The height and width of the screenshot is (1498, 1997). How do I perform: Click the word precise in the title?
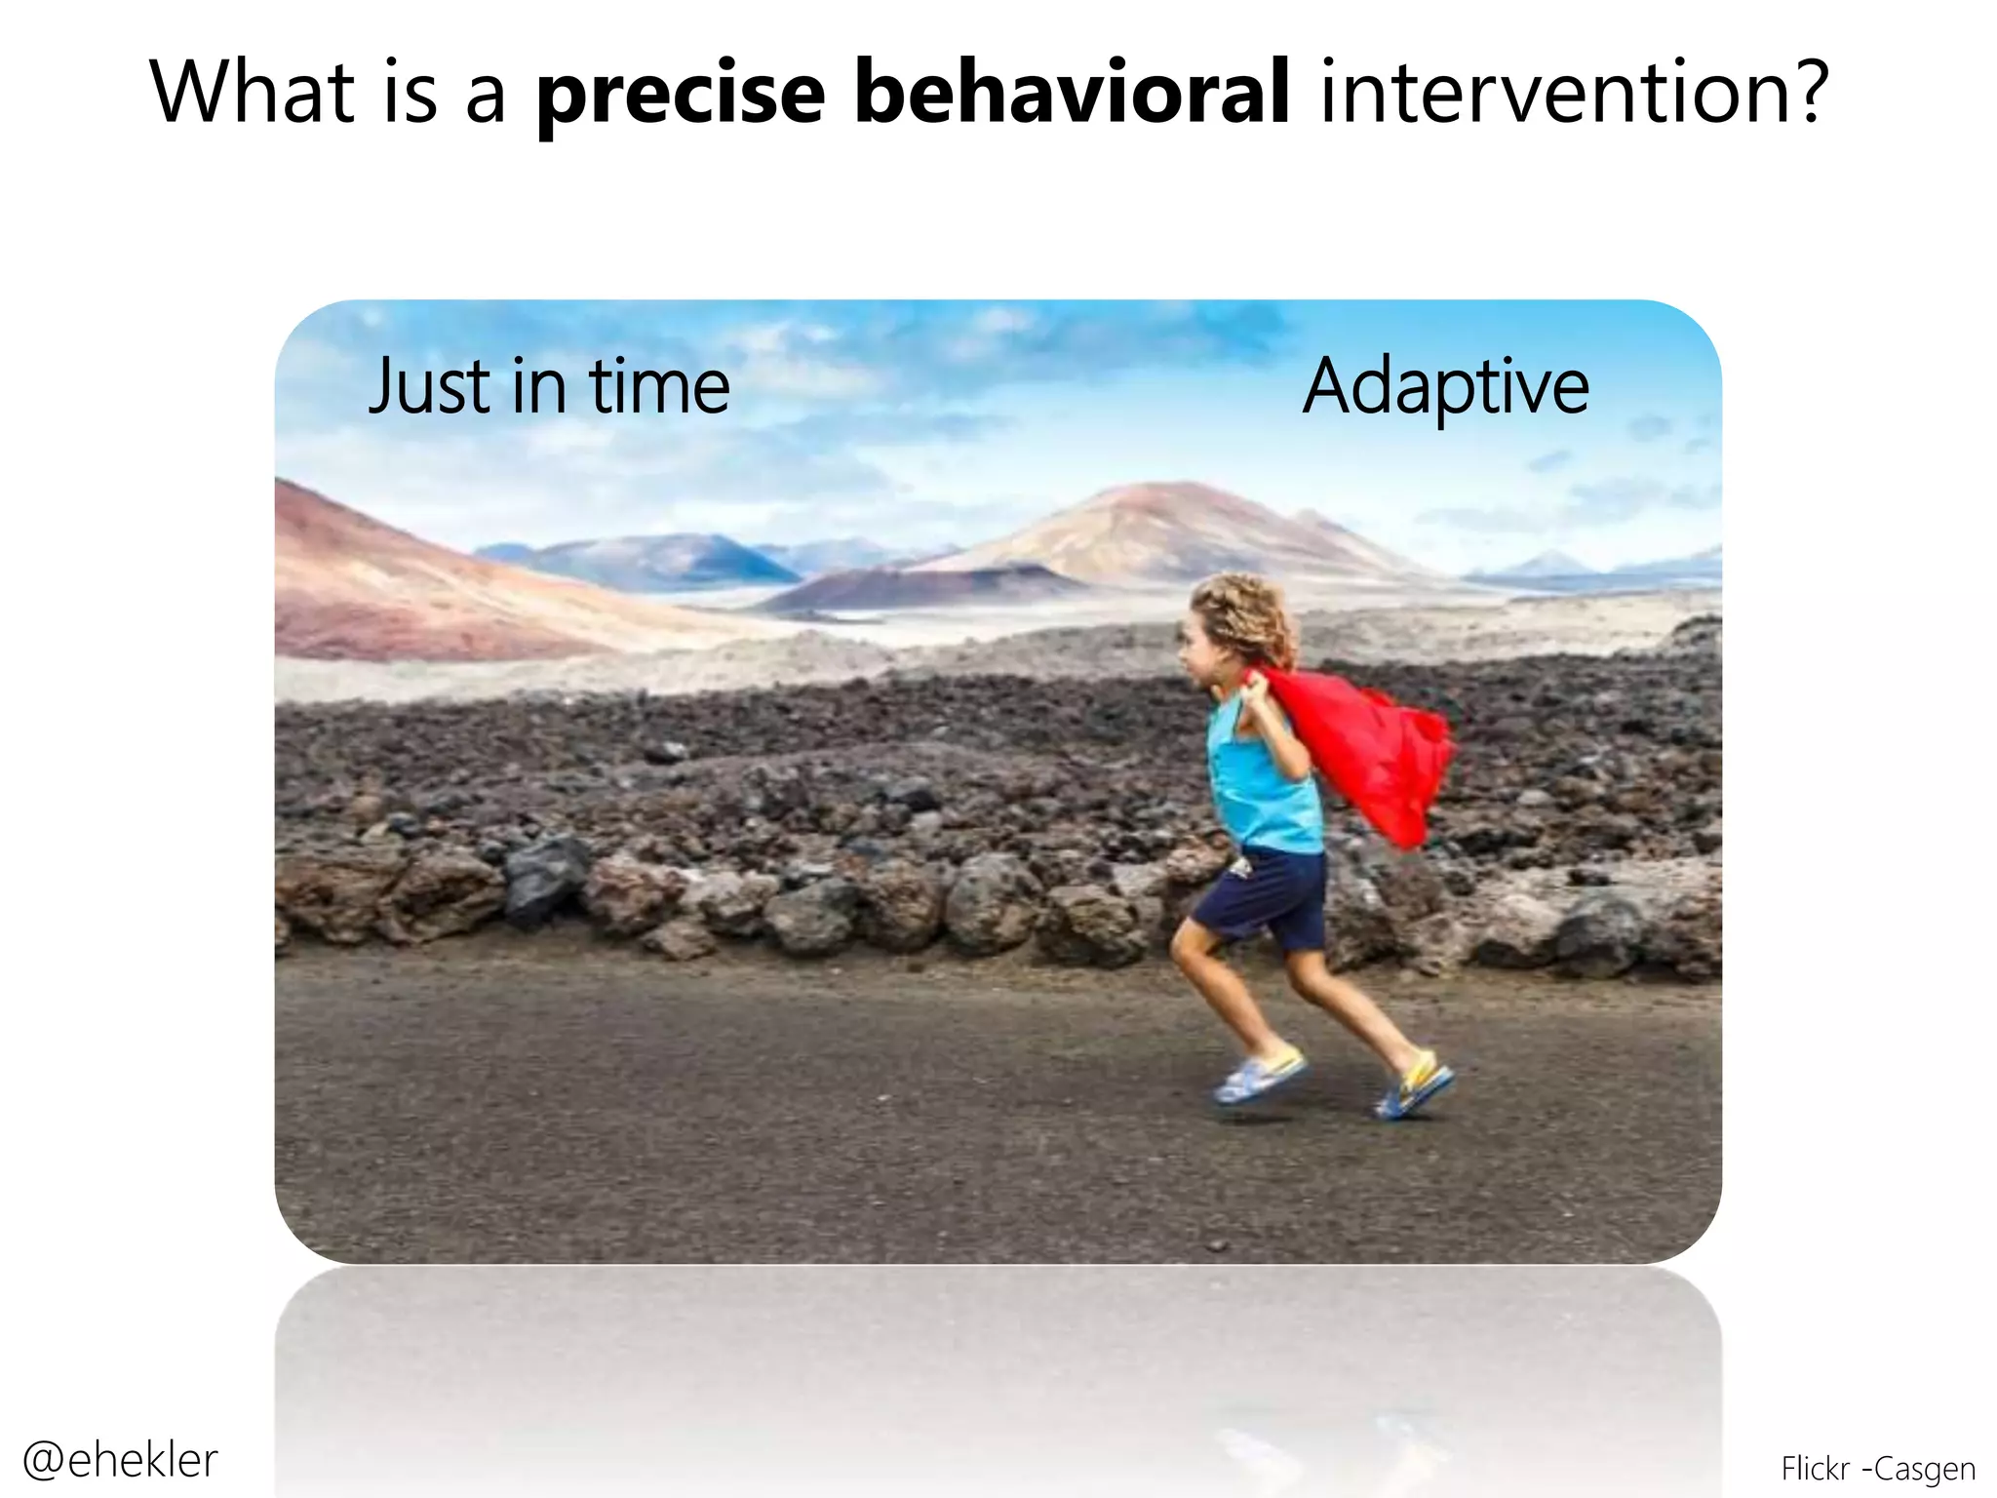click(x=681, y=94)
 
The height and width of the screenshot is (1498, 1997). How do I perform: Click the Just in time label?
click(x=549, y=387)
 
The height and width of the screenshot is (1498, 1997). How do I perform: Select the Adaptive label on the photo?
click(x=1445, y=387)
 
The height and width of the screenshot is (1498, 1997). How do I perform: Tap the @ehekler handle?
click(x=120, y=1460)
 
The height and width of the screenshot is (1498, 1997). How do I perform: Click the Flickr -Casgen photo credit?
click(x=1877, y=1469)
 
